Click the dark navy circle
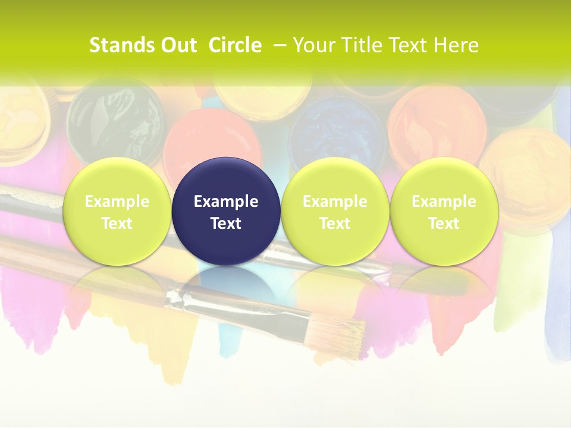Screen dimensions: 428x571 pyautogui.click(x=226, y=211)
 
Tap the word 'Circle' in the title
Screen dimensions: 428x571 pyautogui.click(x=235, y=45)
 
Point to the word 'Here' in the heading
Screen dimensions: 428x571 pyautogui.click(x=456, y=45)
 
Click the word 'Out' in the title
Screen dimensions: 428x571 pyautogui.click(x=179, y=45)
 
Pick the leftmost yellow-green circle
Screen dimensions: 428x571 pyautogui.click(x=117, y=211)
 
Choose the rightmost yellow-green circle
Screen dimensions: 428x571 pyautogui.click(x=444, y=211)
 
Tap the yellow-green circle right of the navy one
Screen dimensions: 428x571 pyautogui.click(x=335, y=211)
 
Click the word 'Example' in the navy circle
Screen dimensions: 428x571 pyautogui.click(x=226, y=202)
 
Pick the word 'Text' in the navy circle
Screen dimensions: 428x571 pyautogui.click(x=226, y=224)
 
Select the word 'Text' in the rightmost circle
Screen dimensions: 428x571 pyautogui.click(x=444, y=224)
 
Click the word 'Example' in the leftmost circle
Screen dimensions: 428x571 pyautogui.click(x=117, y=202)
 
